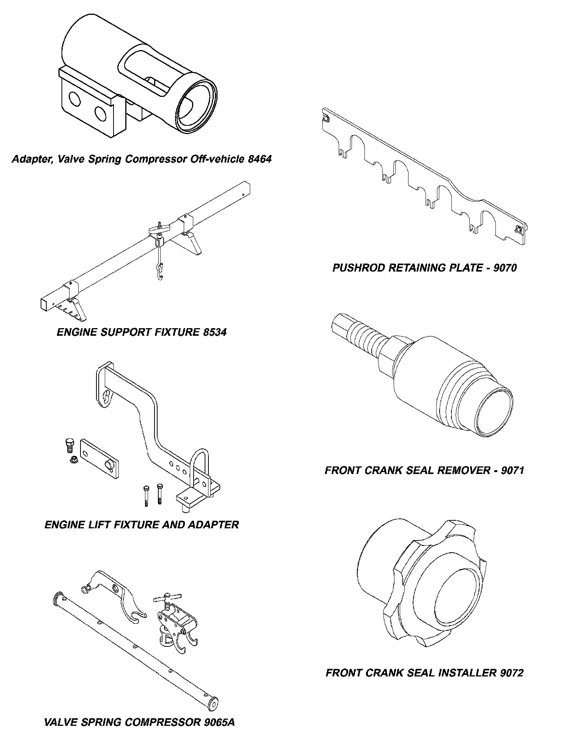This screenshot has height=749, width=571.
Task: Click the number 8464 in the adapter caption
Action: pyautogui.click(x=260, y=159)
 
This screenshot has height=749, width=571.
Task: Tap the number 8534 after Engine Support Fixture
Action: pyautogui.click(x=215, y=332)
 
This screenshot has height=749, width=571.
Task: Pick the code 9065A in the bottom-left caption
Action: pyautogui.click(x=219, y=722)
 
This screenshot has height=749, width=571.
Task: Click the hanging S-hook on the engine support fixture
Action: pyautogui.click(x=161, y=271)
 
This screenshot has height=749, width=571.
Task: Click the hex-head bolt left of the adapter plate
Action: pyautogui.click(x=69, y=445)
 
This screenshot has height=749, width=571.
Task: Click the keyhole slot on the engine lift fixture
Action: pyautogui.click(x=107, y=397)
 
